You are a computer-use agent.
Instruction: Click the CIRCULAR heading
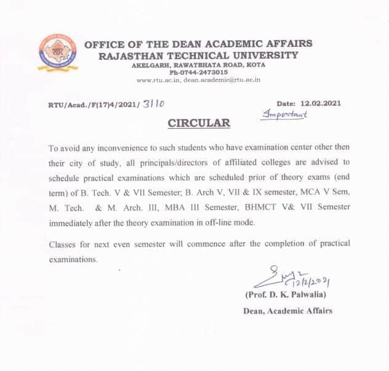[199, 123]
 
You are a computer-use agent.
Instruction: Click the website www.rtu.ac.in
[158, 79]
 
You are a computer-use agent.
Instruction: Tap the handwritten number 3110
[153, 105]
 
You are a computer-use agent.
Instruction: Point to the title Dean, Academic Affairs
[287, 311]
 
